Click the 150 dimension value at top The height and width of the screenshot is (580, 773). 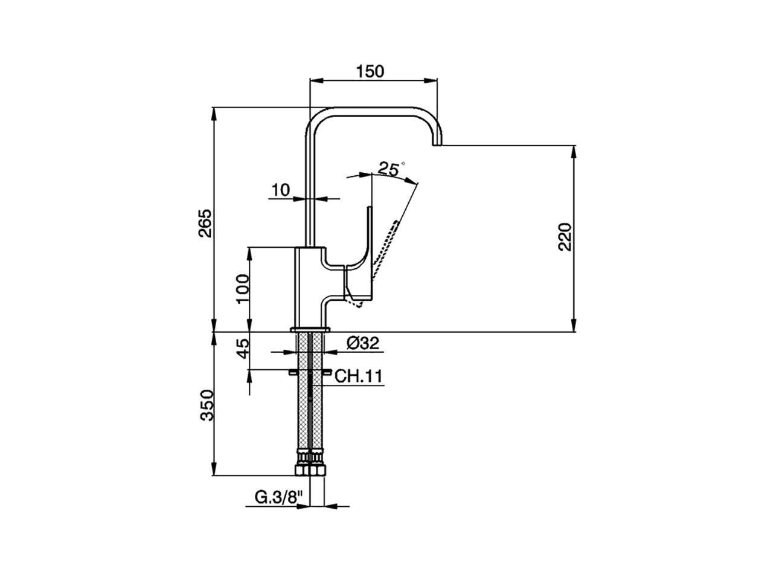[x=370, y=71]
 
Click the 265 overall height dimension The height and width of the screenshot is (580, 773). [x=205, y=223]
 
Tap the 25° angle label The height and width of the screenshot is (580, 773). [x=390, y=169]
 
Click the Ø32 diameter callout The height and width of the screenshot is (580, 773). [x=362, y=344]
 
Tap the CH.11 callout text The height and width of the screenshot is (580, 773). [x=358, y=377]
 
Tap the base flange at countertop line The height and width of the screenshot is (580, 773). [x=310, y=329]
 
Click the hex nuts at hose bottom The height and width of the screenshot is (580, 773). [x=310, y=469]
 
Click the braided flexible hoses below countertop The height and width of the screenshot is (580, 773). [x=310, y=411]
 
